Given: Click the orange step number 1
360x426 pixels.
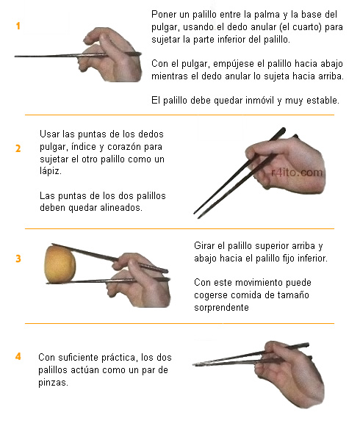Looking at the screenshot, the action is tap(18, 26).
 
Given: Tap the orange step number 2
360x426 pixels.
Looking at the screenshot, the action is tap(18, 148).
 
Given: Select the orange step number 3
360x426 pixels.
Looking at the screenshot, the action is tap(18, 259).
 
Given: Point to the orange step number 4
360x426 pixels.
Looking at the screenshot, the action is tap(18, 356).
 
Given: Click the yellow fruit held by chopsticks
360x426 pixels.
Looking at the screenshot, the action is tap(60, 264).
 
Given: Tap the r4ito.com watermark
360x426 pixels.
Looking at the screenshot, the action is tap(297, 173).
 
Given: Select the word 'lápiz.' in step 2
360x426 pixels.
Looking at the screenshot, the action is tap(51, 171).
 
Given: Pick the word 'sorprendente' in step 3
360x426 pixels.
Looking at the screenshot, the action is tap(221, 307).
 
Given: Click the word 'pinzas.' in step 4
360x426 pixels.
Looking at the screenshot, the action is tap(53, 383).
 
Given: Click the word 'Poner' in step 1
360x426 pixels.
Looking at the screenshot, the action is tap(164, 14).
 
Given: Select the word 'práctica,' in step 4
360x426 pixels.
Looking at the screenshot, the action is tap(118, 357).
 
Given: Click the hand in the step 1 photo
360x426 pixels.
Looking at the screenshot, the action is tap(111, 54).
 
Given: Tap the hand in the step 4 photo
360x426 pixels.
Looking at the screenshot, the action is tap(289, 374).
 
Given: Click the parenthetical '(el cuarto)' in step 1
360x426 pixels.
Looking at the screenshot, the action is tap(298, 27).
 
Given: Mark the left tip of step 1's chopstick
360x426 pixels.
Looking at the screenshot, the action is tap(15, 57).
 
